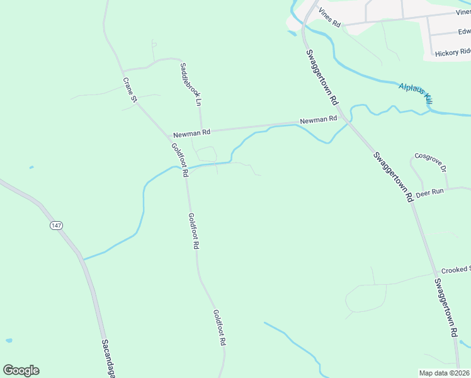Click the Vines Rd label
click(x=329, y=17)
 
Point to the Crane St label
click(x=130, y=89)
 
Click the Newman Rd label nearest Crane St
click(x=191, y=133)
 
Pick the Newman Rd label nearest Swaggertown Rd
click(x=319, y=120)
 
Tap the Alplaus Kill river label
click(x=416, y=91)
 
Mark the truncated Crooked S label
click(x=455, y=270)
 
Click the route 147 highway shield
click(x=57, y=225)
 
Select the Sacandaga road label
click(x=106, y=359)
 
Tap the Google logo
click(x=21, y=370)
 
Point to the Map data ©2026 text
click(x=445, y=373)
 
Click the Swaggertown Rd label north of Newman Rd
click(x=322, y=77)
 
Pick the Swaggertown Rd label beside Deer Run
click(x=392, y=176)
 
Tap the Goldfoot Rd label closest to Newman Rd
click(x=180, y=159)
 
